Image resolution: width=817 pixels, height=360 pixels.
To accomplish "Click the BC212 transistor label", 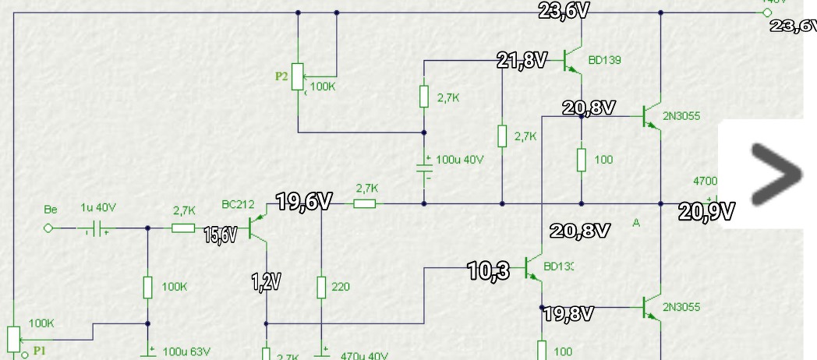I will point(237,205).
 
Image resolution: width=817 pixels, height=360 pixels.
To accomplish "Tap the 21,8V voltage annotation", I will point(522,60).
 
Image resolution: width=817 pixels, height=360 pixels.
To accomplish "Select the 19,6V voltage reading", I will point(304,203).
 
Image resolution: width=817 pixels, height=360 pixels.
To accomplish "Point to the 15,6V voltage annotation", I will point(220,235).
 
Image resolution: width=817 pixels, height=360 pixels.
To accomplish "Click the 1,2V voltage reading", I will point(265,282).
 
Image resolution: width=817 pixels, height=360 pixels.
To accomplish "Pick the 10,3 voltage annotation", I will point(489,270).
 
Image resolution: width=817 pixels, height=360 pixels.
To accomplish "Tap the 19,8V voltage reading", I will point(568,314).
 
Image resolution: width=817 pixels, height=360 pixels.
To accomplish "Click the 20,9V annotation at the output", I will point(706,210).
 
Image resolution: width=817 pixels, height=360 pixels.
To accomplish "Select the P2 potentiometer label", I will point(281,76).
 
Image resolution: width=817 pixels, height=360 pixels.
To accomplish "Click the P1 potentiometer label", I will point(40,351).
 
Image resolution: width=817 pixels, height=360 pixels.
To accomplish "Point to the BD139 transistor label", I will point(604,60).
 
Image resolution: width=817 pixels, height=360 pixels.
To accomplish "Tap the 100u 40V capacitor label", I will point(459,160).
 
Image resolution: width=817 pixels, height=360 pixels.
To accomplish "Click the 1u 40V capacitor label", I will point(98,208).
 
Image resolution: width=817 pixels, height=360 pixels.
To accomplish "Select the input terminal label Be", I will point(51,210).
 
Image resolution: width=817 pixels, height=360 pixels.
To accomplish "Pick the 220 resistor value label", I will point(341,287).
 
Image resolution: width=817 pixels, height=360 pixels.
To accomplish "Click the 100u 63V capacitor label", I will point(186,352).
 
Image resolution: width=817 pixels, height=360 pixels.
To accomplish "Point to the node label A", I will point(636,224).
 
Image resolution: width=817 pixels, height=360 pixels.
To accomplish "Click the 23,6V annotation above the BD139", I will point(563,10).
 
